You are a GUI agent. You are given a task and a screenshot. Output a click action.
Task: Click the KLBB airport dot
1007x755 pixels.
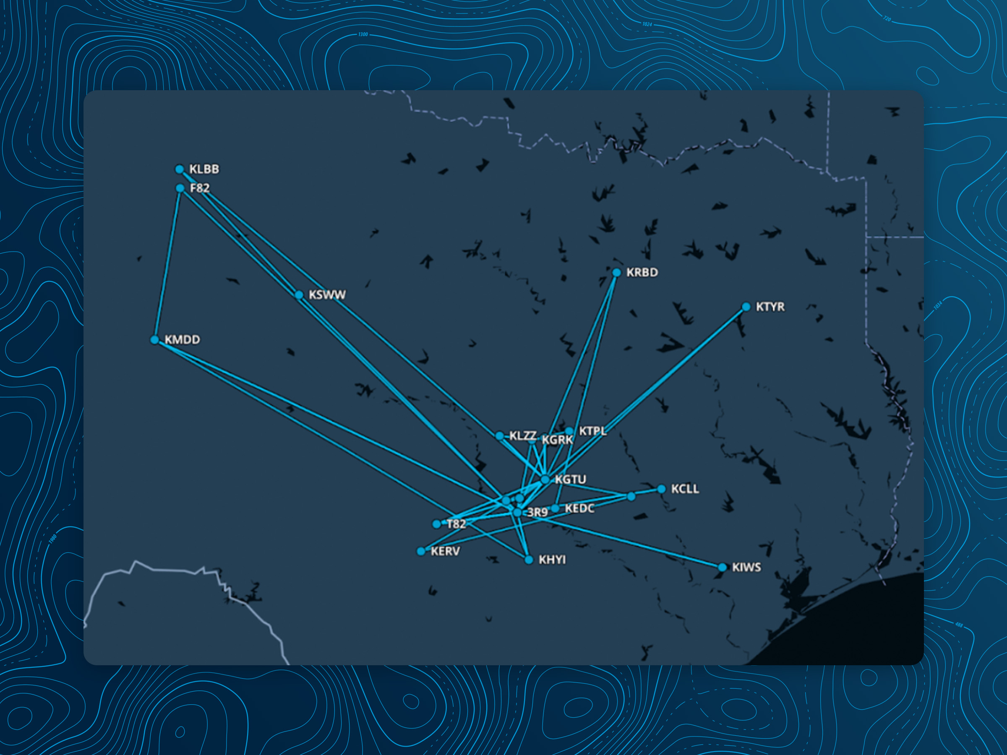click(x=179, y=169)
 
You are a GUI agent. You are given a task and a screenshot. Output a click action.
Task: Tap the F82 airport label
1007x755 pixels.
click(x=199, y=188)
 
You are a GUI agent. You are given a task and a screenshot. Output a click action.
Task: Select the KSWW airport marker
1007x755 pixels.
click(x=299, y=295)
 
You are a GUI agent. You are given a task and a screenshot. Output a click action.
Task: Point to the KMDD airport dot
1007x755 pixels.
click(x=154, y=340)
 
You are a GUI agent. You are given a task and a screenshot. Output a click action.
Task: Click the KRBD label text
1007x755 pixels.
click(x=642, y=273)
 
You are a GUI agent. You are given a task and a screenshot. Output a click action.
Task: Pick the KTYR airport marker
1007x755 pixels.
click(x=746, y=307)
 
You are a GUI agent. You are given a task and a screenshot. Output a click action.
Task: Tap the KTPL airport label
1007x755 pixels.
click(x=592, y=431)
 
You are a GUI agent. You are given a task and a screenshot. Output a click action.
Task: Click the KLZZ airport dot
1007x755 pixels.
click(x=499, y=436)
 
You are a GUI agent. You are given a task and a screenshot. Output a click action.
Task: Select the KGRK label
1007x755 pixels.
click(x=557, y=440)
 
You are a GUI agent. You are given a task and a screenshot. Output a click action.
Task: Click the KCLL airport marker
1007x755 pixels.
click(x=661, y=489)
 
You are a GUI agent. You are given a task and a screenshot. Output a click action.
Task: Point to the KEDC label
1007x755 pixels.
click(x=579, y=509)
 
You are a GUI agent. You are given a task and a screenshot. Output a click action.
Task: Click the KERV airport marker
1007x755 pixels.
click(x=421, y=552)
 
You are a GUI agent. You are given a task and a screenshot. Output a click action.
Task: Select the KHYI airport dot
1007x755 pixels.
click(x=529, y=560)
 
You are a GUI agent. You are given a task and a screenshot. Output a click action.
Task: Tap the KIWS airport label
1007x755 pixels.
click(x=746, y=568)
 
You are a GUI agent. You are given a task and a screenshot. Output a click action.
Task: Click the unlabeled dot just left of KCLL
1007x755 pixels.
click(x=631, y=497)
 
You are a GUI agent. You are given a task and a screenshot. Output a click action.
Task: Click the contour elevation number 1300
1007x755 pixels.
click(x=363, y=34)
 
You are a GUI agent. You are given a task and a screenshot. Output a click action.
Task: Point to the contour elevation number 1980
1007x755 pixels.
click(x=53, y=539)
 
